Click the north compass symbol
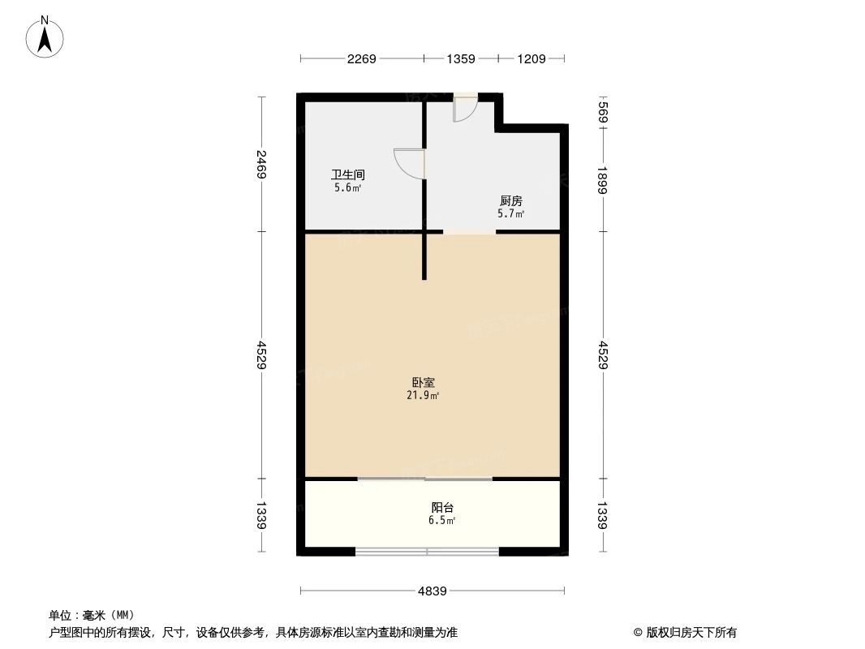click(45, 37)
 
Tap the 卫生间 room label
click(347, 174)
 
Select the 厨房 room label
click(510, 201)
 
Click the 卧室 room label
click(422, 382)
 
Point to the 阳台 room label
click(442, 507)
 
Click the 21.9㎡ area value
click(422, 396)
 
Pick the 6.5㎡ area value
click(441, 521)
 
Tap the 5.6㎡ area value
click(347, 188)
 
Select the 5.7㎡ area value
click(510, 215)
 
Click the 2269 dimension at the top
click(361, 58)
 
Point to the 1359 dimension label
click(460, 58)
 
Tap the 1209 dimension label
click(531, 58)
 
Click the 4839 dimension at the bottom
click(432, 591)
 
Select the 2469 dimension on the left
click(261, 165)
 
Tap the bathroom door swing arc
click(408, 162)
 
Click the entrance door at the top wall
click(465, 107)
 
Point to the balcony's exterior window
click(427, 552)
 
